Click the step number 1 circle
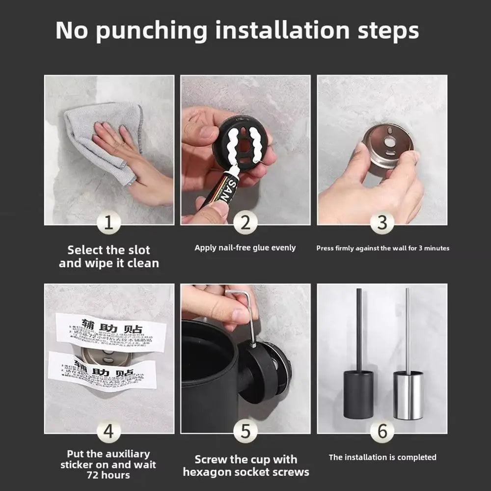tap(109, 223)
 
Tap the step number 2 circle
tap(245, 223)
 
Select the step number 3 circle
tap(382, 223)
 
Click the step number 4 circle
tap(109, 432)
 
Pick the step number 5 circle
tap(245, 432)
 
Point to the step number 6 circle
tap(382, 432)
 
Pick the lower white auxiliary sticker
tap(103, 371)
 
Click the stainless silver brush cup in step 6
tap(408, 395)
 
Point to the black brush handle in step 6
tap(359, 329)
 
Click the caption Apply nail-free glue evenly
tap(245, 247)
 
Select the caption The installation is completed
tap(382, 457)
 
